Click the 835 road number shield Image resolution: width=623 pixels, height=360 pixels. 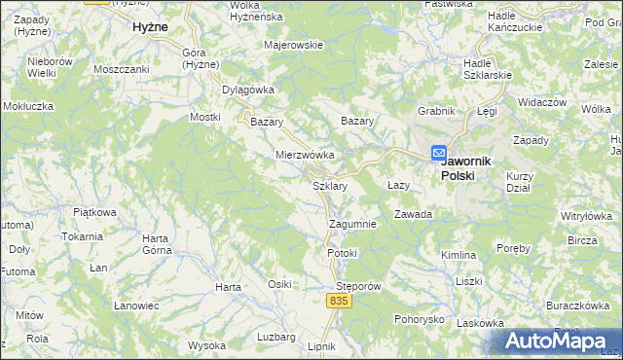click(x=338, y=303)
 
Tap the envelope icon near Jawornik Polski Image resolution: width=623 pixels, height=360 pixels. click(x=439, y=153)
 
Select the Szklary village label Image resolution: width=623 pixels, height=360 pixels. click(x=329, y=185)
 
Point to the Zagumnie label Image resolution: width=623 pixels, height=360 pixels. click(x=352, y=224)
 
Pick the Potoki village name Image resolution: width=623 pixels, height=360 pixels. click(x=343, y=253)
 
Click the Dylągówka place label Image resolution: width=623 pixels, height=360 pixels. click(x=248, y=90)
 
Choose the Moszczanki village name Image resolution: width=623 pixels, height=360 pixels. click(x=121, y=69)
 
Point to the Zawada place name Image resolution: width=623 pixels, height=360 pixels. click(x=413, y=214)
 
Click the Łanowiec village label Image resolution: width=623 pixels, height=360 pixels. click(x=136, y=306)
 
